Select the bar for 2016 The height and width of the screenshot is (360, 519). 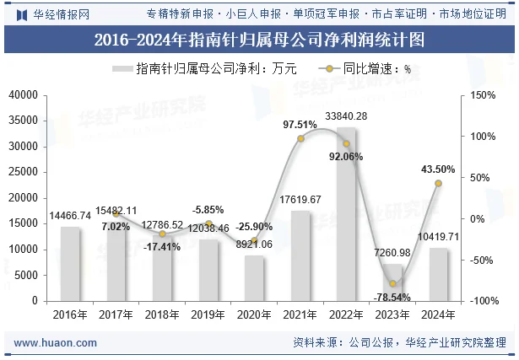coord(70,263)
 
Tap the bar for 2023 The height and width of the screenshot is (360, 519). coord(392,282)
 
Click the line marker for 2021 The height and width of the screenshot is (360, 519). coord(300,138)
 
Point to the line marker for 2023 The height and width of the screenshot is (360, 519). coord(392,284)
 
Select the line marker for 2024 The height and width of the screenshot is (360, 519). coord(438,183)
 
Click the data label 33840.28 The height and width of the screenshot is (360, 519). coord(346,116)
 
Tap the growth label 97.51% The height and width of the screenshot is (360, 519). coord(300,125)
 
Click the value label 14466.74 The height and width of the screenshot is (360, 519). coord(70,217)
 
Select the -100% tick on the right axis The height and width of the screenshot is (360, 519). coord(484,301)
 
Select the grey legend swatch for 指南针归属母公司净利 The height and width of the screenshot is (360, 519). coord(122,69)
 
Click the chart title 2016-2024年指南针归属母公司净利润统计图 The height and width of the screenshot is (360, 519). coord(259,40)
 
